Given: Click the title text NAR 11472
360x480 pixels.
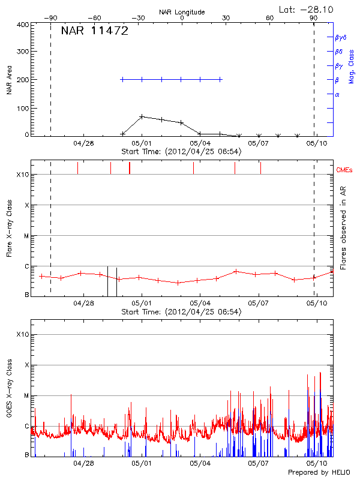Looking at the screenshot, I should [95, 32].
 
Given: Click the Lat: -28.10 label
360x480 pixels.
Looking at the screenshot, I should [307, 8].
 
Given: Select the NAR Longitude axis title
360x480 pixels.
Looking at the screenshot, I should [182, 11].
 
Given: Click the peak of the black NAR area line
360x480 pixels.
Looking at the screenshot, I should [142, 116].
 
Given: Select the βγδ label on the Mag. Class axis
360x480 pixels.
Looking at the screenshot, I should [340, 37].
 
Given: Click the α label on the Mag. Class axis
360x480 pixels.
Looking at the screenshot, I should [337, 94].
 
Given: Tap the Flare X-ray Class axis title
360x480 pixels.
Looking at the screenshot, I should [10, 229].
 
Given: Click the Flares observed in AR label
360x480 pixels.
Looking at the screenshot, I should [343, 227].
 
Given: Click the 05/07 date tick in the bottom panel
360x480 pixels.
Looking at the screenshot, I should [258, 463].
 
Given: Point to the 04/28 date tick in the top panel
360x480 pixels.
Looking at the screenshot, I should [83, 143].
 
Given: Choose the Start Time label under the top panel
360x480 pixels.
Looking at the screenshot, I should [181, 152].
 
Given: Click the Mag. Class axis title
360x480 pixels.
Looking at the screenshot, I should [352, 66].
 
